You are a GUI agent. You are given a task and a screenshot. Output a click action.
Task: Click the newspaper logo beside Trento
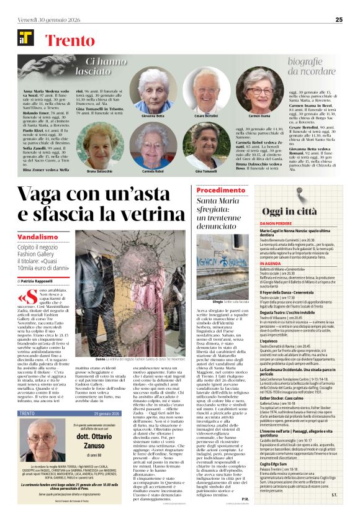25,37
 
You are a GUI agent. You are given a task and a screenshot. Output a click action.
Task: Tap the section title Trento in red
70,42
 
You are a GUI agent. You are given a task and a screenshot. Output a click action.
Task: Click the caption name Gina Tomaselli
205,171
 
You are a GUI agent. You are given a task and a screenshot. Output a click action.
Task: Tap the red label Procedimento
222,190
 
